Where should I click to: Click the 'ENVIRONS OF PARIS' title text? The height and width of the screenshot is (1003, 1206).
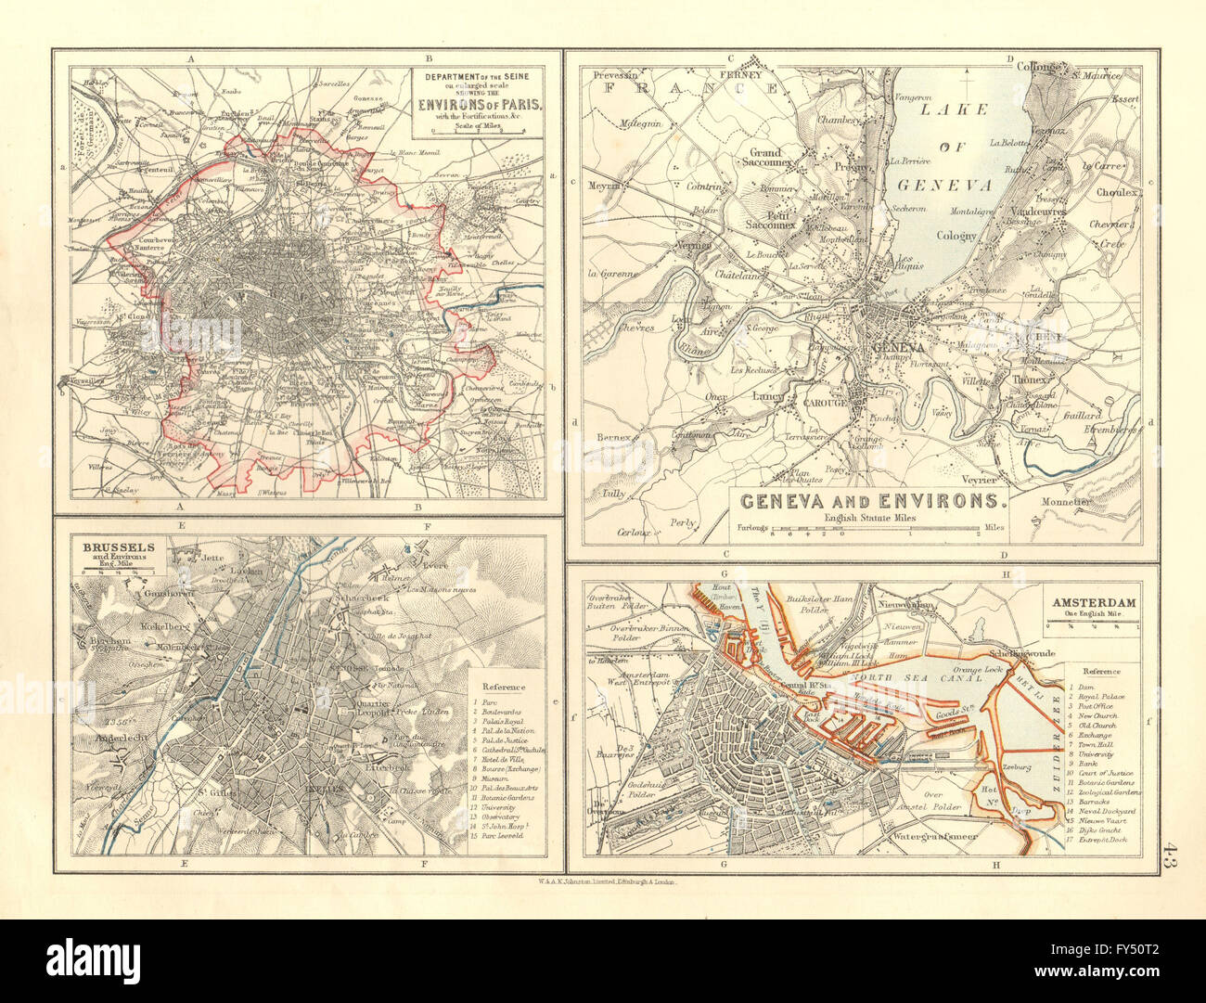(477, 104)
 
